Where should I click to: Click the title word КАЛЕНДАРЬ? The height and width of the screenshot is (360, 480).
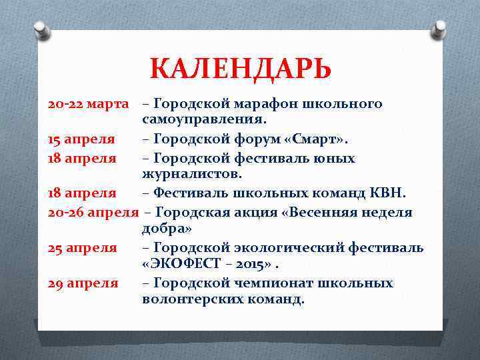coord(240,69)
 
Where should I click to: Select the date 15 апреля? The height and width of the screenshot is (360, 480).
coord(81,139)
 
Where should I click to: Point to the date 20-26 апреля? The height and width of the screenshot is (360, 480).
coord(93,212)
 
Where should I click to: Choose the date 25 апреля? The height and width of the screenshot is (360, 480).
coord(83,248)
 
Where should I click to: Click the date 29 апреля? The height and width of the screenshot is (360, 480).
coord(83,283)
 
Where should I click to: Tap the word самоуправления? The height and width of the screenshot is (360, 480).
coord(204,121)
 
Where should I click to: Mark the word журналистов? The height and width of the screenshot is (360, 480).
coord(192,175)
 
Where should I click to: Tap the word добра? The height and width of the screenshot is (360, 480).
coord(167,229)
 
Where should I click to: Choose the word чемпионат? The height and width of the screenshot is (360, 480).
coord(273,283)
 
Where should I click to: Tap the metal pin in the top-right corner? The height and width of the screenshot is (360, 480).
coord(439,29)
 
